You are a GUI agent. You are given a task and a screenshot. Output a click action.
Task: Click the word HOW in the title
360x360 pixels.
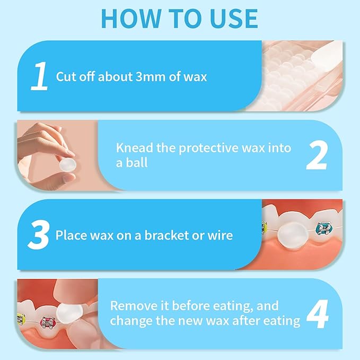click(x=131, y=19)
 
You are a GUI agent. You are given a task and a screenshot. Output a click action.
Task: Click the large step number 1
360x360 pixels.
click(x=39, y=76)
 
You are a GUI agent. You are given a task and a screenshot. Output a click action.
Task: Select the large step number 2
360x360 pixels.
click(x=317, y=155)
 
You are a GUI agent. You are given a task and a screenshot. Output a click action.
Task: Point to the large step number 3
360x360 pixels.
click(x=39, y=235)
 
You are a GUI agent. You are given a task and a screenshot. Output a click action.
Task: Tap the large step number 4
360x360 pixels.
click(x=318, y=314)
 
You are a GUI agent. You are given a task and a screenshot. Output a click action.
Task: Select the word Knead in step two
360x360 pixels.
click(x=135, y=147)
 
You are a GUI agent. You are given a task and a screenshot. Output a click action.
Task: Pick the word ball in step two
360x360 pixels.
click(x=137, y=163)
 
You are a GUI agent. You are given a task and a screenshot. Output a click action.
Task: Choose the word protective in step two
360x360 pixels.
click(x=208, y=148)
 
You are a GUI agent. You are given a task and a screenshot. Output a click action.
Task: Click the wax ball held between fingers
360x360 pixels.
click(x=68, y=164)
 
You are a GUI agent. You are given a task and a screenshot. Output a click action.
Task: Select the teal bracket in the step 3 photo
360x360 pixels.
click(x=324, y=228)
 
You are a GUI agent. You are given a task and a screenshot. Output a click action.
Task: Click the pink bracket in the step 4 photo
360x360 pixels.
click(x=48, y=322)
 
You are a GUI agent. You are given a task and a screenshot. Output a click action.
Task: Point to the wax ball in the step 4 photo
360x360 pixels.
click(x=69, y=313)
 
